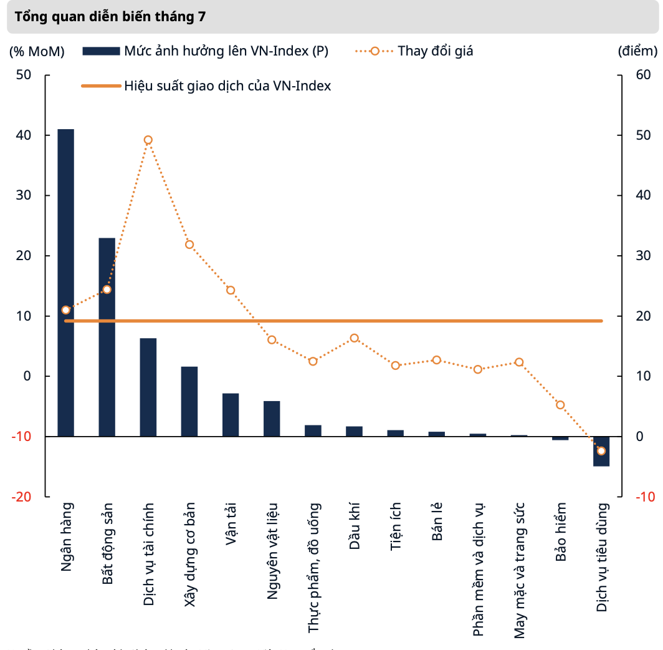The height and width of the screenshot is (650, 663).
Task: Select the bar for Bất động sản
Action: (107, 337)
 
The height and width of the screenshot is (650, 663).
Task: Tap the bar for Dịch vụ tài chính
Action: (148, 387)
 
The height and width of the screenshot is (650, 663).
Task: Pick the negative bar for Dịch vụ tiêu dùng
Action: (601, 451)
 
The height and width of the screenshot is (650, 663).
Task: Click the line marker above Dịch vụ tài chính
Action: (148, 140)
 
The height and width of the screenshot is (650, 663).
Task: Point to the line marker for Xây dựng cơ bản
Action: (189, 245)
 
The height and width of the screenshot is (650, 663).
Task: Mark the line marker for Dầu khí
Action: (354, 338)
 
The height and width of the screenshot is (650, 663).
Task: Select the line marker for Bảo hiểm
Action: (560, 405)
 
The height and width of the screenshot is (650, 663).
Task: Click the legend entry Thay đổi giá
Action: (435, 51)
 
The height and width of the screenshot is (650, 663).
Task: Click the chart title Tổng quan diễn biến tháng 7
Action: (110, 17)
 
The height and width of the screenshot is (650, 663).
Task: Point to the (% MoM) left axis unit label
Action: (36, 51)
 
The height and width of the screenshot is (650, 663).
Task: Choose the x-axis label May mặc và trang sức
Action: (519, 570)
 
